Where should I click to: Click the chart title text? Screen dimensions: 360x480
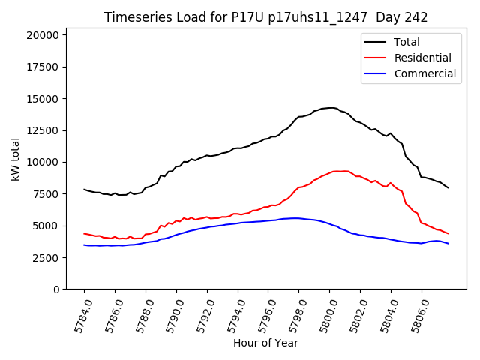pos(265,17)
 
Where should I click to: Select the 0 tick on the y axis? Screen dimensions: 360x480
pos(56,289)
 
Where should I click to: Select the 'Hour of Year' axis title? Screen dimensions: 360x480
pos(265,343)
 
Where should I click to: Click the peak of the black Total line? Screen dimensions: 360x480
pos(331,107)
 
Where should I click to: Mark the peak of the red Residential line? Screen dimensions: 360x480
pos(339,171)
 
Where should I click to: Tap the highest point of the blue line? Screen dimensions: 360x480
pos(296,218)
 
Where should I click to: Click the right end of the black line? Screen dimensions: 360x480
pos(448,187)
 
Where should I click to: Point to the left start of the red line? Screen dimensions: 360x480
pos(84,233)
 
